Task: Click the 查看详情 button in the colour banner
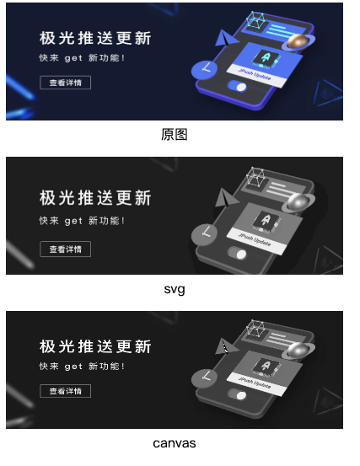tap(66, 83)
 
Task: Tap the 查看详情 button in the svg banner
tap(66, 249)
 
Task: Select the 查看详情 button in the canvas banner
tap(66, 391)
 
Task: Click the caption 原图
tap(175, 134)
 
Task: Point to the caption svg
tap(175, 289)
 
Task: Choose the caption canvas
tap(175, 443)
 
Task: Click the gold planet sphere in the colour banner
tap(298, 41)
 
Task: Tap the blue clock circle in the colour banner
tap(204, 70)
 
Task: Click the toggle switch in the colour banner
tap(237, 86)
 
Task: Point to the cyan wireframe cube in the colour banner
tap(255, 20)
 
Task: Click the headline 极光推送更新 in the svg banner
tap(95, 198)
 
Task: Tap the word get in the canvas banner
tap(73, 366)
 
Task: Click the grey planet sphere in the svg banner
tap(298, 202)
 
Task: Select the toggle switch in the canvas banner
tap(237, 394)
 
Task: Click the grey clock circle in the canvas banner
tap(204, 378)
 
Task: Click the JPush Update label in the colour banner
tap(255, 73)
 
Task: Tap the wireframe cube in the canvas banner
tap(255, 329)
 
